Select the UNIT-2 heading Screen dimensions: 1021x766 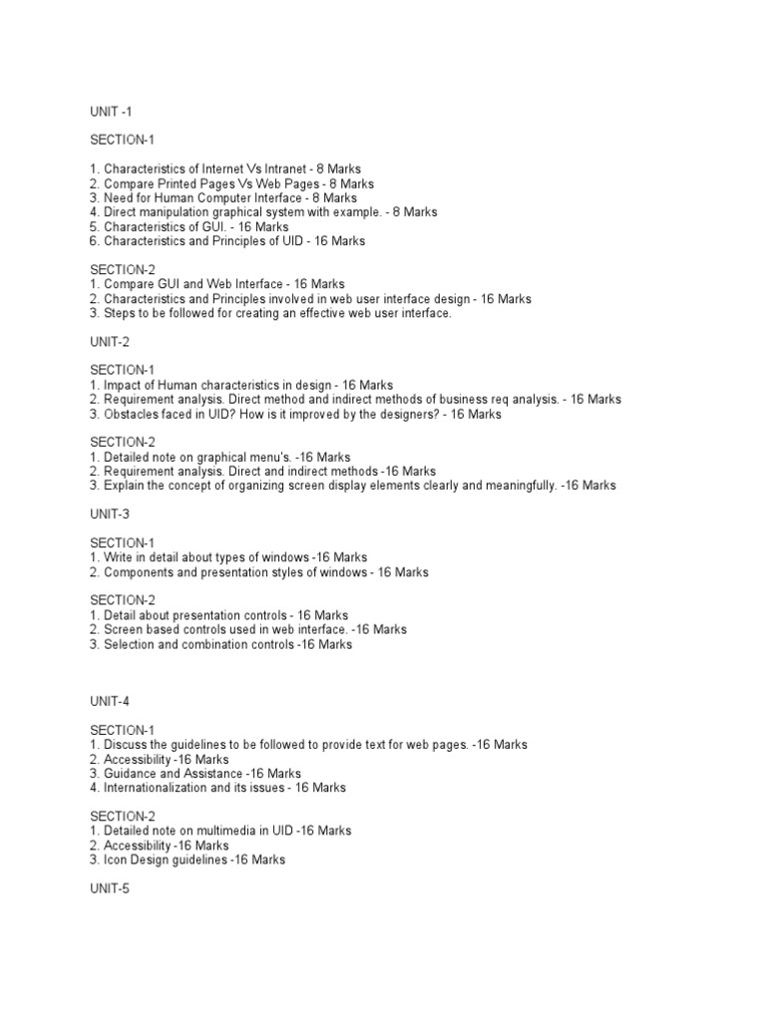click(110, 341)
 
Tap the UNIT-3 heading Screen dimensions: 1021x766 click(110, 514)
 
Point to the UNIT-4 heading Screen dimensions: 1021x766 click(110, 701)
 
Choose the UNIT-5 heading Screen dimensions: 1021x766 click(110, 888)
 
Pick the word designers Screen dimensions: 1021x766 click(406, 414)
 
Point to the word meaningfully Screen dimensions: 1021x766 click(518, 486)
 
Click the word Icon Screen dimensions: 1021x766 click(116, 859)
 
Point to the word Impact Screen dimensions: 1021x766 click(122, 385)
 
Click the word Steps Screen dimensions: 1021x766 click(120, 313)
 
